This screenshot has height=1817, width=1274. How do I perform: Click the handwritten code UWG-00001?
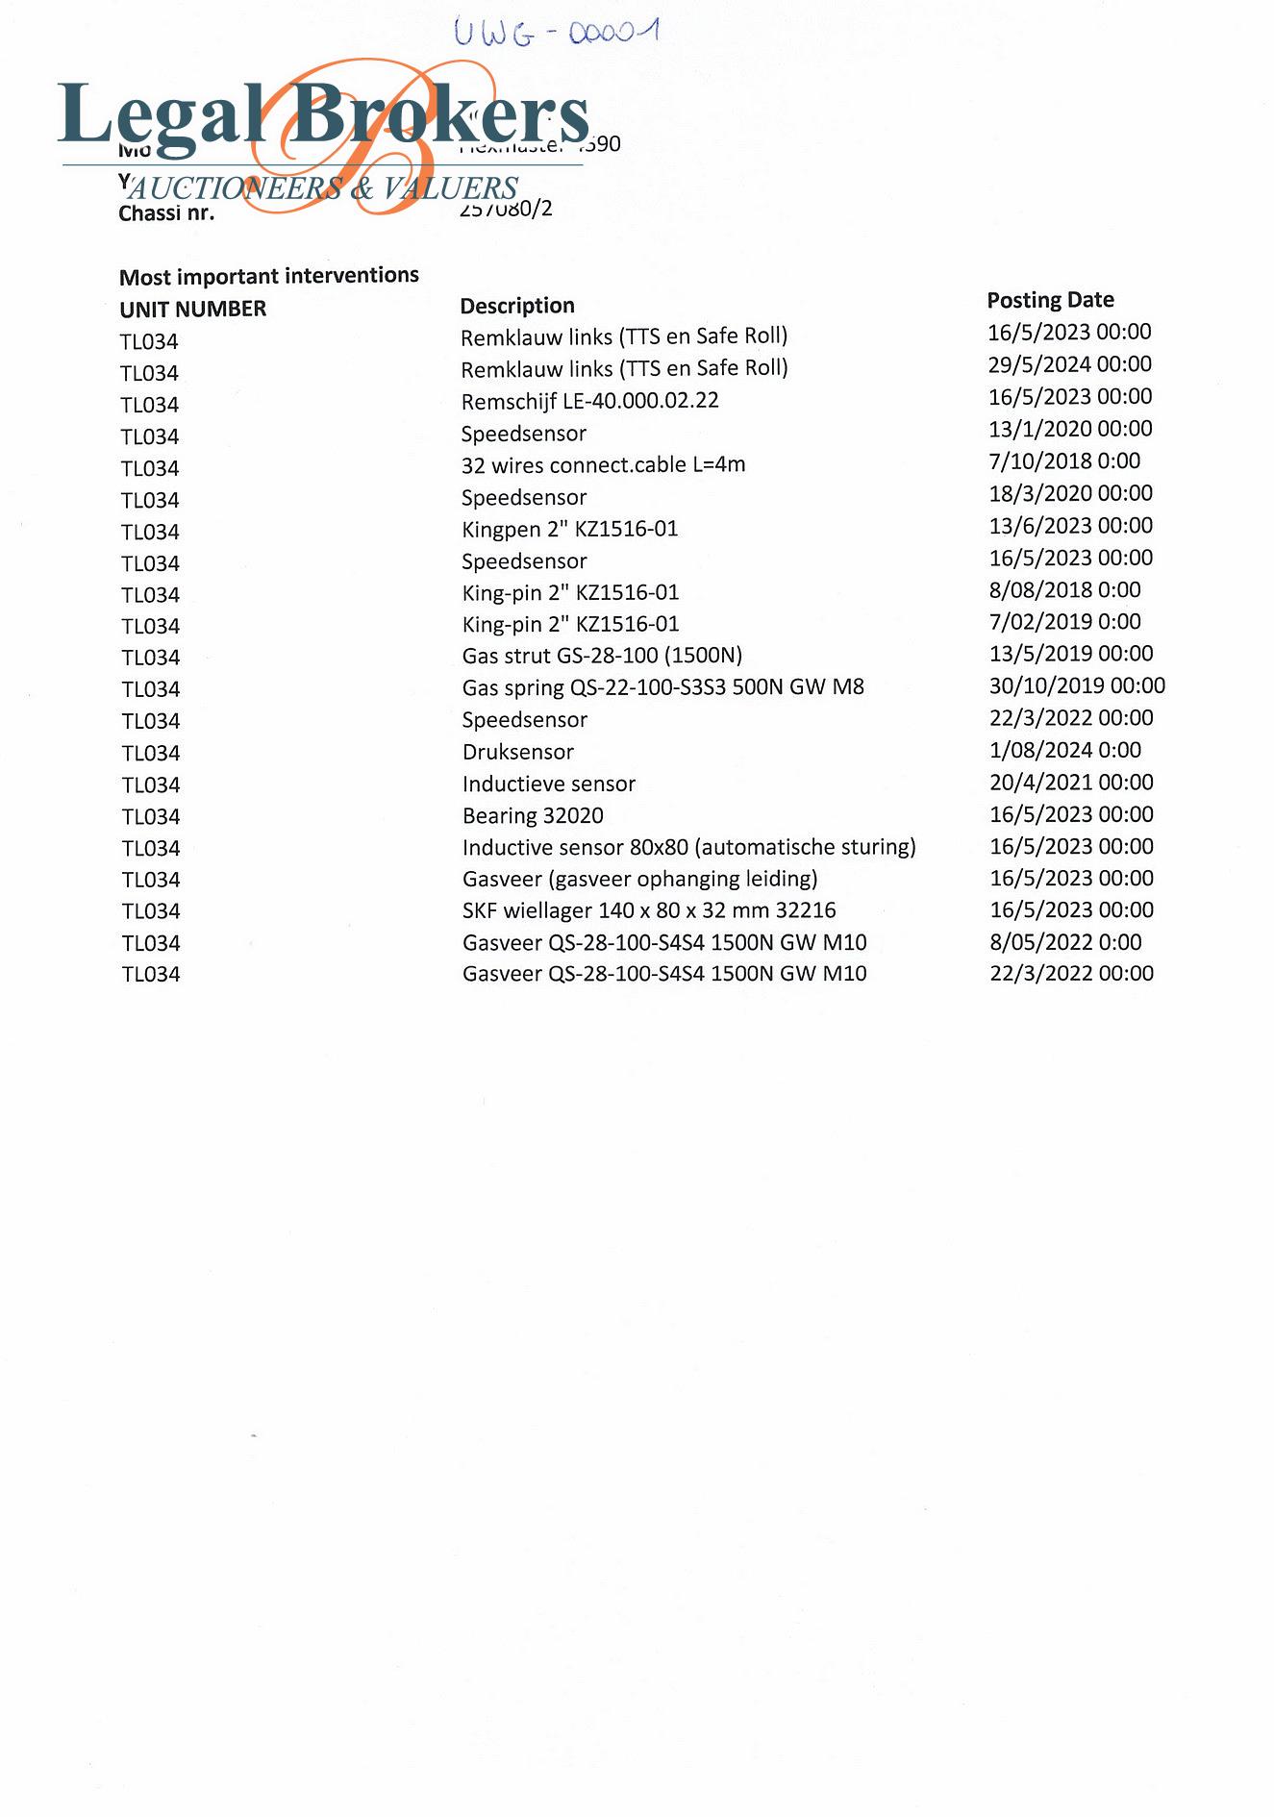coord(556,33)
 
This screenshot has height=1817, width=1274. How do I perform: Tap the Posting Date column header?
coord(1050,300)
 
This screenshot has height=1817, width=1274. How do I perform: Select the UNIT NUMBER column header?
coord(192,310)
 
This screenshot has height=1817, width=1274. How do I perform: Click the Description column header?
coord(517,306)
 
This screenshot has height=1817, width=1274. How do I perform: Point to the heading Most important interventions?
coord(269,277)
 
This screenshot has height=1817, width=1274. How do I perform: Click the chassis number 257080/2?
coord(506,210)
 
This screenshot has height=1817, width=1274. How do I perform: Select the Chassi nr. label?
coord(166,213)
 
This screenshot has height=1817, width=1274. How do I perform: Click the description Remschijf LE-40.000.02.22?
coord(589,401)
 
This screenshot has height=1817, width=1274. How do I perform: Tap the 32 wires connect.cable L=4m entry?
coord(603,465)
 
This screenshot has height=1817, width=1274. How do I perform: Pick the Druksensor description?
coord(517,752)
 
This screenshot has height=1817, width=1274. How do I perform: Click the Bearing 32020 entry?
coord(533,816)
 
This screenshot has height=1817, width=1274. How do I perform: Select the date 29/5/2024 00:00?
coord(1069,364)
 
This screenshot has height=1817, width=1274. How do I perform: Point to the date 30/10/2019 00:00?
coord(1077,685)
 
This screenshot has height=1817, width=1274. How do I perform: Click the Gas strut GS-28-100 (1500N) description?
coord(602,656)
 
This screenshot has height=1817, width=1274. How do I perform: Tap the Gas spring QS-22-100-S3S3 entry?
coord(662,687)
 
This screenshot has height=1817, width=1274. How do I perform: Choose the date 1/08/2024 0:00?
coord(1065,750)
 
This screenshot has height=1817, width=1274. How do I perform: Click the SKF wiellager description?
coord(649,910)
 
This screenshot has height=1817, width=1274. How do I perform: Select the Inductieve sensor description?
coord(548,784)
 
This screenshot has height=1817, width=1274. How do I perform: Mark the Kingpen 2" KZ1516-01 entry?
coord(569,529)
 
